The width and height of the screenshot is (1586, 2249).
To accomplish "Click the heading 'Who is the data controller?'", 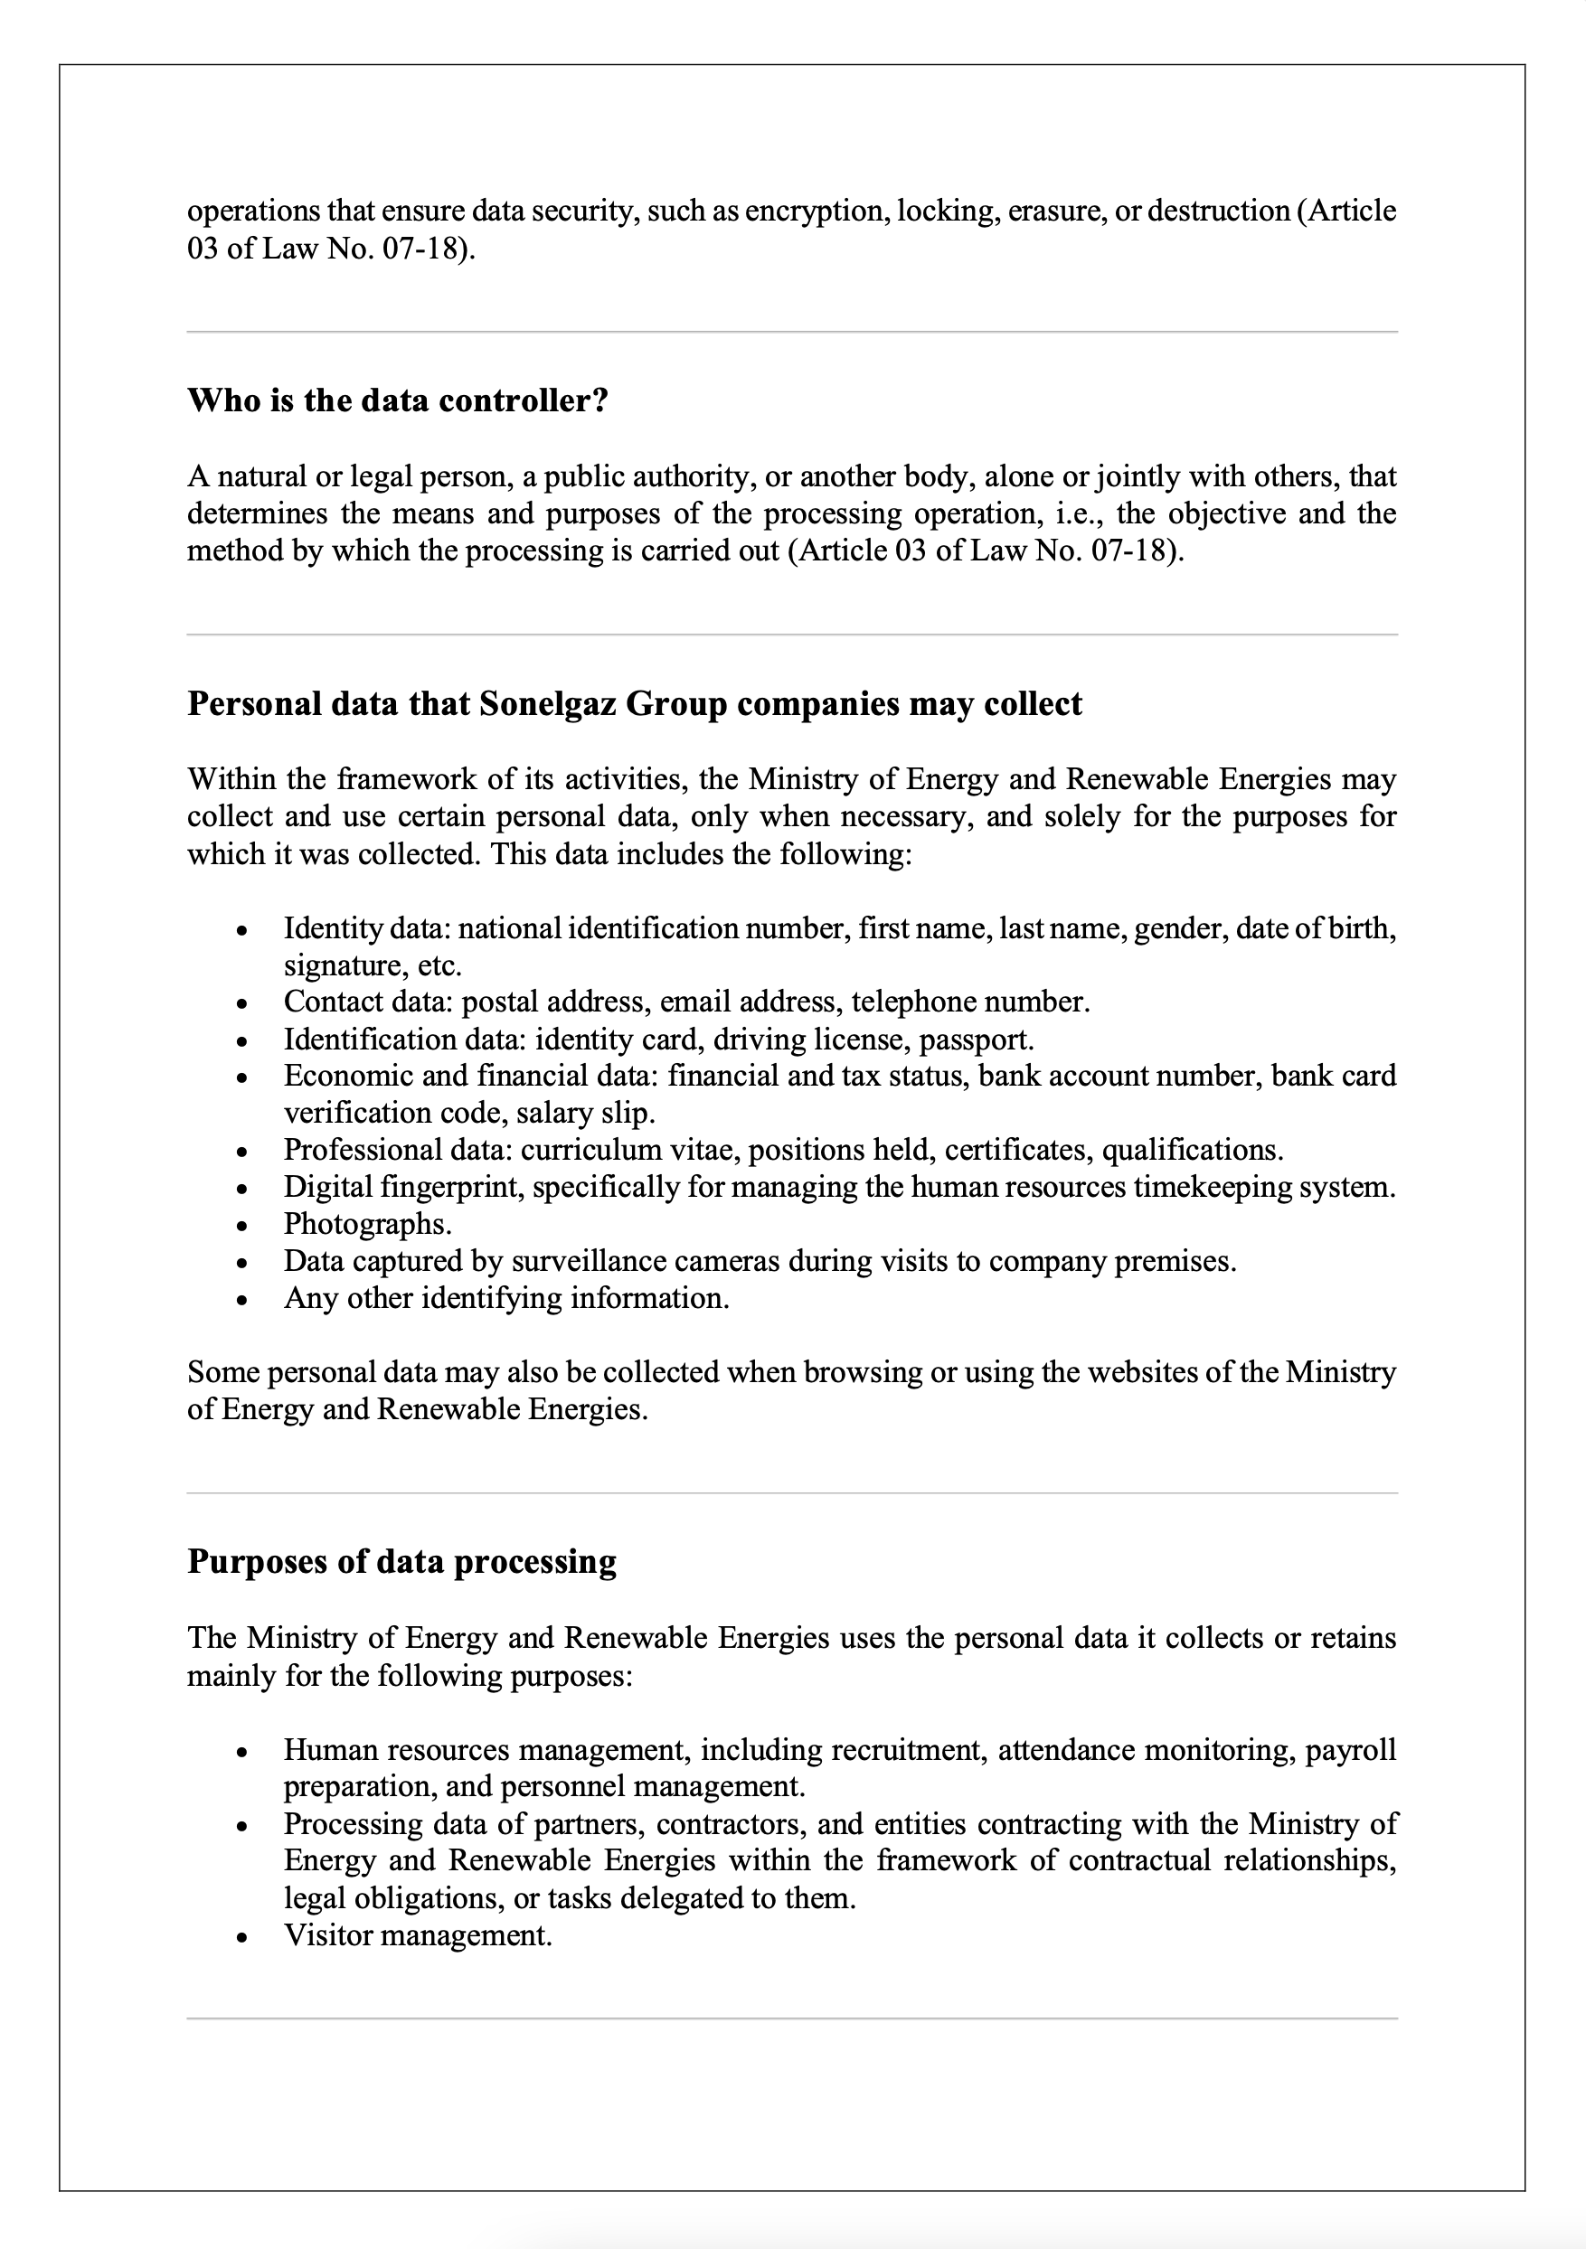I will (x=398, y=400).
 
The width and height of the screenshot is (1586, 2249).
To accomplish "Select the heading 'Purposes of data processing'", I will (x=401, y=1560).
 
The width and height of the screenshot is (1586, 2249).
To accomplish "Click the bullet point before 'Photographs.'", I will (x=241, y=1226).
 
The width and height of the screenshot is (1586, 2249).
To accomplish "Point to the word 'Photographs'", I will (x=366, y=1223).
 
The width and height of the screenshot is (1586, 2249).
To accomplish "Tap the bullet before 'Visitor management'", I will (x=241, y=1936).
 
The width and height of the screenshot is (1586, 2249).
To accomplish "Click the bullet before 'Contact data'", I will (x=241, y=1003).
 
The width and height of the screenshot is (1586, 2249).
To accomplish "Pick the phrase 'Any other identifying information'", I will (x=505, y=1298).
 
